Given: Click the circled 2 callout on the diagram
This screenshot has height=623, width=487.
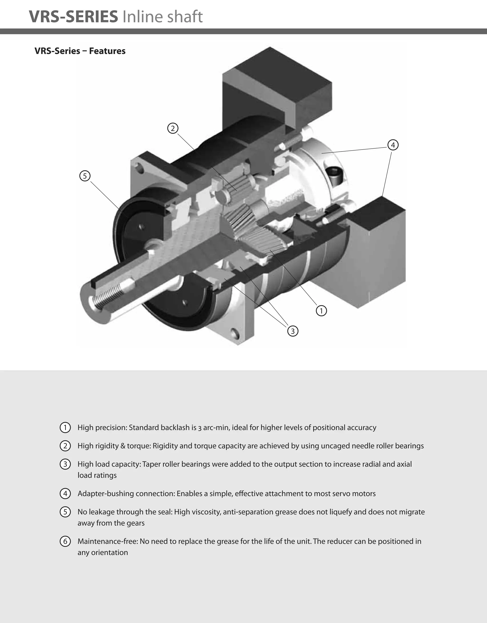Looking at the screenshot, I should click(x=173, y=128).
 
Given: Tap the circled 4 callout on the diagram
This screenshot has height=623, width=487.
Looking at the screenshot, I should click(x=393, y=145).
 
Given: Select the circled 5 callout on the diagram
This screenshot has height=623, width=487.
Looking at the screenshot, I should click(x=85, y=176).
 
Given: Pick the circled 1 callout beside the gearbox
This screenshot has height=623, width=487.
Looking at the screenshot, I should click(x=321, y=310).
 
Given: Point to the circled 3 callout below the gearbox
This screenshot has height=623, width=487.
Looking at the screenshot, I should click(x=292, y=331).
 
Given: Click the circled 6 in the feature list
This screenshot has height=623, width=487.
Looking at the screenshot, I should click(x=65, y=541).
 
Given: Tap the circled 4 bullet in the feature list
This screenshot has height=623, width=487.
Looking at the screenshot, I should click(x=65, y=493).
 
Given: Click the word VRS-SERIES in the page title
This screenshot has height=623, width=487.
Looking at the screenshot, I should click(x=73, y=17).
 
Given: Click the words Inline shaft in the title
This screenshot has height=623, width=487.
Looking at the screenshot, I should click(x=163, y=17).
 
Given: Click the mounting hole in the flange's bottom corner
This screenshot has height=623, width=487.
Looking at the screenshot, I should click(x=235, y=332).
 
